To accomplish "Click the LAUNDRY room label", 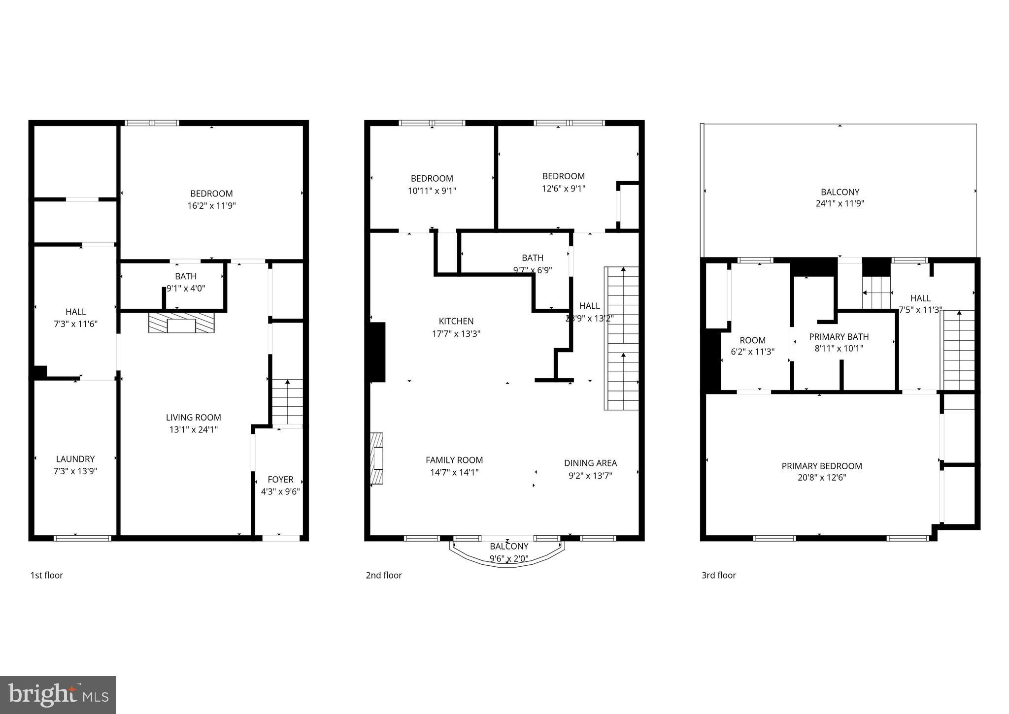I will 75,459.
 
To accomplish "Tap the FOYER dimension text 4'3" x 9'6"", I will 280,491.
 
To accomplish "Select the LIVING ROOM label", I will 193,418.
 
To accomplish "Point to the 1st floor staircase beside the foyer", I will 287,401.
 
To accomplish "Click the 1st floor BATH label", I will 186,277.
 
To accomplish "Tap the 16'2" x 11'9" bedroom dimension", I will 211,206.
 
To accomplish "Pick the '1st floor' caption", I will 47,575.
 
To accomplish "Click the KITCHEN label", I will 456,321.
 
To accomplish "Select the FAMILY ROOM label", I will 454,460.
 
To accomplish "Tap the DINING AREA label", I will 590,463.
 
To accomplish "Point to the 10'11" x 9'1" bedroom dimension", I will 432,191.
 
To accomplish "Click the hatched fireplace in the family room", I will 377,458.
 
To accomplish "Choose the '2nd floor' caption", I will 384,575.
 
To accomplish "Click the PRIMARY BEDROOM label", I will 822,466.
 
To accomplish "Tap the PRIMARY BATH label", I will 839,337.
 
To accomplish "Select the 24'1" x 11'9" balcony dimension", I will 840,203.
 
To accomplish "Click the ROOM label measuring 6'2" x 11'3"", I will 752,340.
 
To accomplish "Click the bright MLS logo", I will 58,695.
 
